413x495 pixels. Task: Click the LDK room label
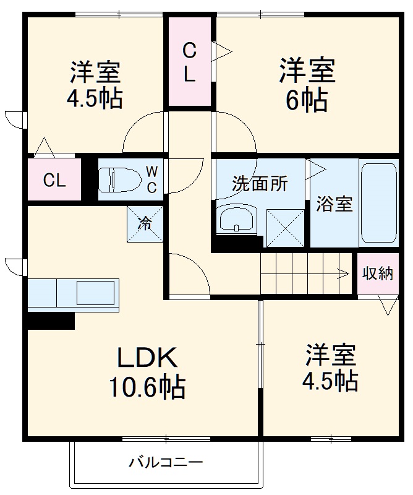pyautogui.click(x=148, y=358)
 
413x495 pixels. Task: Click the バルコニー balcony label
pyautogui.click(x=166, y=462)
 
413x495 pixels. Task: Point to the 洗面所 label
pyautogui.click(x=260, y=184)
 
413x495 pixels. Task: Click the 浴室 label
pyautogui.click(x=334, y=204)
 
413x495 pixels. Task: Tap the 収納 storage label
pyautogui.click(x=377, y=273)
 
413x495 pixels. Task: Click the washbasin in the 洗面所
pyautogui.click(x=237, y=218)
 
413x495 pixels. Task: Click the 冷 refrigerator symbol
pyautogui.click(x=145, y=223)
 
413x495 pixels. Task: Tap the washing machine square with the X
pyautogui.click(x=285, y=228)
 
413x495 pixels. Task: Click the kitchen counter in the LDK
pyautogui.click(x=73, y=293)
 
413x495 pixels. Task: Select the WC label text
pyautogui.click(x=151, y=179)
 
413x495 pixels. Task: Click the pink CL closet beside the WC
pyautogui.click(x=54, y=180)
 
